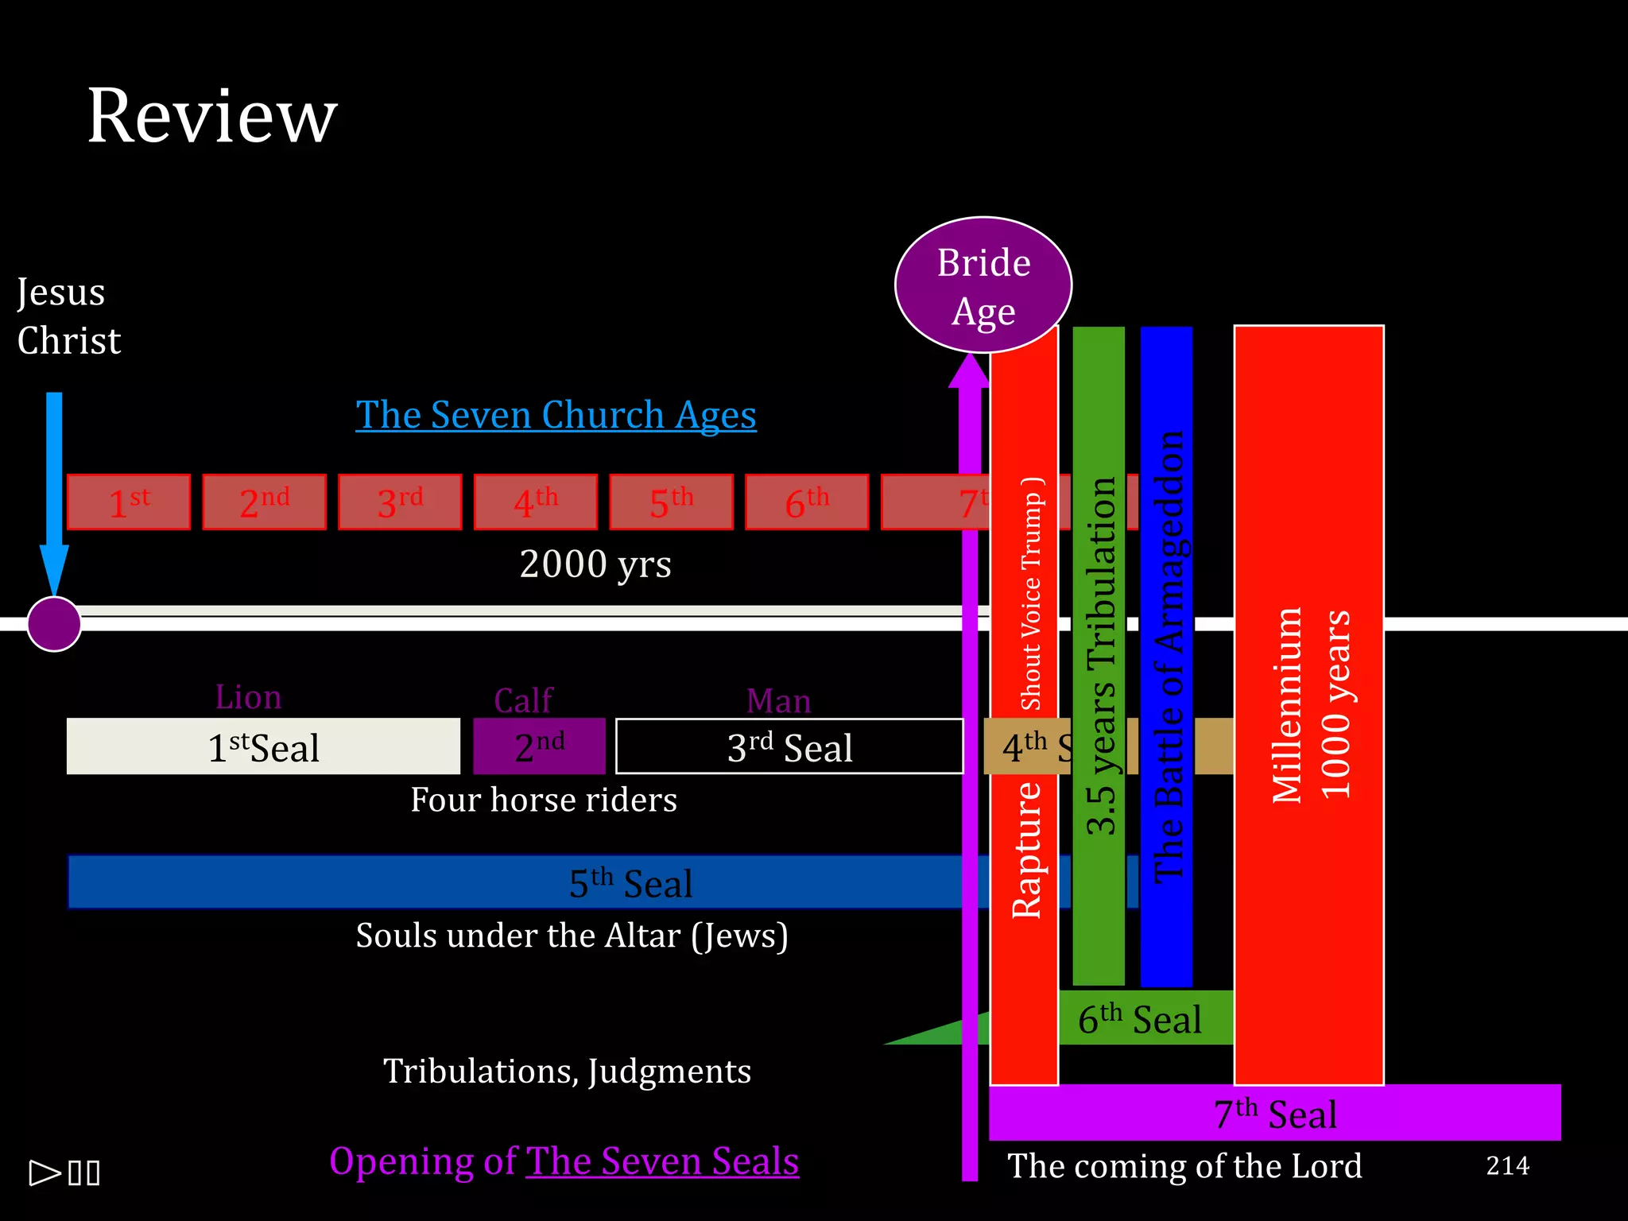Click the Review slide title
[211, 116]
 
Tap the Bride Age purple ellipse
[983, 285]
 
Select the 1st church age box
[129, 502]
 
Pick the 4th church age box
[535, 502]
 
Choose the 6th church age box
[807, 502]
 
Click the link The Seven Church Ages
[556, 415]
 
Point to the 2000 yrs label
[595, 564]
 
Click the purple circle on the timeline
[54, 624]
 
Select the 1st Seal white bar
[263, 746]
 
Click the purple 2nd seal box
[539, 746]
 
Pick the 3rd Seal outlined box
[789, 746]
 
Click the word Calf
[523, 700]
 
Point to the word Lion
[248, 697]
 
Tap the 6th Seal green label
[1142, 1019]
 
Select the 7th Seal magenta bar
[1275, 1113]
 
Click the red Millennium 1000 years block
[1308, 704]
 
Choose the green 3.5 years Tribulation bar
[1099, 657]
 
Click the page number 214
[1507, 1165]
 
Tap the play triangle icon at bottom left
[45, 1173]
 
